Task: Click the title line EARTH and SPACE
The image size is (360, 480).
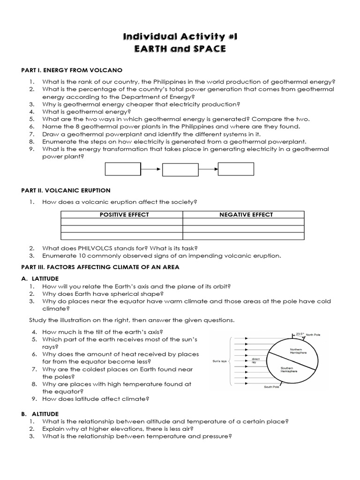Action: tap(180, 49)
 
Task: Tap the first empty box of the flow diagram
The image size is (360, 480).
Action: tap(123, 169)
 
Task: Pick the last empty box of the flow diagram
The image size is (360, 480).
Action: tap(236, 169)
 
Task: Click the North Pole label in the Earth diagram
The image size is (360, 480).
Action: tap(314, 335)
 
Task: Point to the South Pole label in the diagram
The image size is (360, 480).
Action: tap(272, 387)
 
